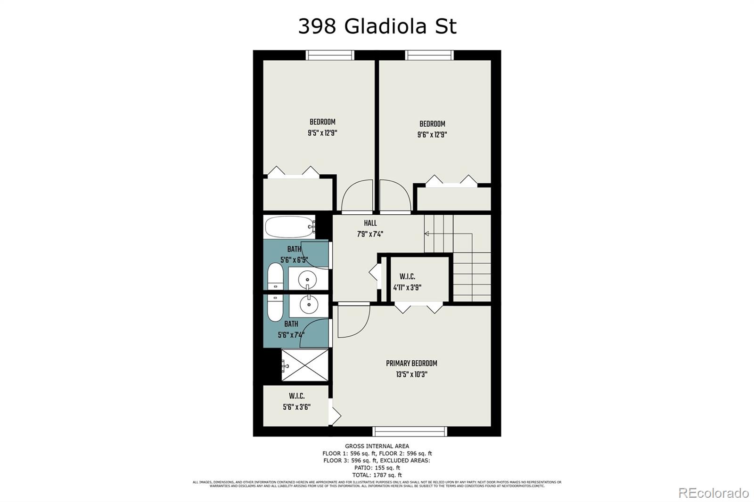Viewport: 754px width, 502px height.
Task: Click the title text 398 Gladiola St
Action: pos(377,26)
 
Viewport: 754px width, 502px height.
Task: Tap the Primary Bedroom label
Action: pos(411,363)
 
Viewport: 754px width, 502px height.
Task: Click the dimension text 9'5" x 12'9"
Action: pos(322,133)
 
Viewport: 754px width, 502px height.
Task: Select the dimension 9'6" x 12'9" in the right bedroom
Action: pos(432,135)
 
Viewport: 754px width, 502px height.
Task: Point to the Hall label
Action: pos(370,223)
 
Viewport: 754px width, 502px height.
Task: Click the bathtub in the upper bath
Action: pos(289,227)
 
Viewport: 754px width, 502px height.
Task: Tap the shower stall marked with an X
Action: pos(304,365)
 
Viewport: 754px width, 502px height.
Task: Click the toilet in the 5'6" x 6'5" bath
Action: pos(275,277)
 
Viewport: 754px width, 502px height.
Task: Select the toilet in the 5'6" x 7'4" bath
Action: pos(275,307)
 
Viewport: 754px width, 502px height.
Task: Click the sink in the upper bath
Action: pos(308,279)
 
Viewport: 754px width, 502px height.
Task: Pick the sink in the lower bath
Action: pos(308,306)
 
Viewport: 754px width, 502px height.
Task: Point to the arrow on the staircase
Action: pos(427,234)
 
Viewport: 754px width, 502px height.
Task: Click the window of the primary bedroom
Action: pos(410,431)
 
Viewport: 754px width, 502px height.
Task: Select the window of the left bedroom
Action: pos(330,55)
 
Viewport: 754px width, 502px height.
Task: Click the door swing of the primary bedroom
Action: pos(351,323)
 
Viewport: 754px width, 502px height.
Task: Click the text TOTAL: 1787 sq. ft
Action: pos(377,475)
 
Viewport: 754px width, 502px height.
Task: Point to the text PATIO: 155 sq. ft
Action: pos(377,468)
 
